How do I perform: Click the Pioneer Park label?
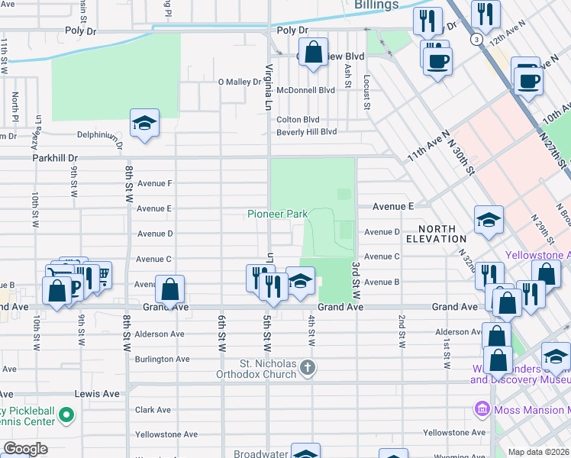point(277,214)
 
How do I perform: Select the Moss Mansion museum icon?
point(482,410)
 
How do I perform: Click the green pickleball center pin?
point(66,415)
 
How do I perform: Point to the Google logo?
point(24,449)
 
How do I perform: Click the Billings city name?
point(376,5)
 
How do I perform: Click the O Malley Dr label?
point(240,82)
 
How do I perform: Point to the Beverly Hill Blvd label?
point(306,132)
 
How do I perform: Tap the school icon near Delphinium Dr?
point(144,123)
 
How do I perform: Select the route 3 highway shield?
point(476,40)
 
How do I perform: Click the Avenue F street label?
point(153,183)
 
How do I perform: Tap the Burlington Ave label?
point(162,359)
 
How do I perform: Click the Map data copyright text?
point(539,452)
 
